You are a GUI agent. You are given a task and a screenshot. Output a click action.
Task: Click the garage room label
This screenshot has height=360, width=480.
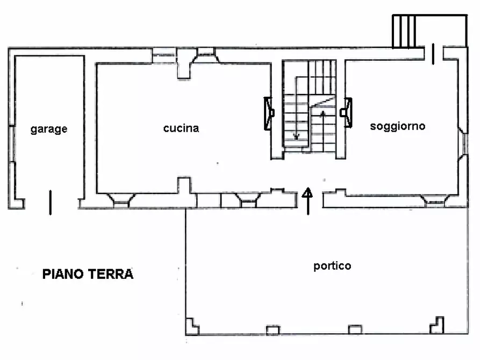[x=49, y=129]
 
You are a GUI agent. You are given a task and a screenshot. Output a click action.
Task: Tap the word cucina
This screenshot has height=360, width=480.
[x=181, y=128]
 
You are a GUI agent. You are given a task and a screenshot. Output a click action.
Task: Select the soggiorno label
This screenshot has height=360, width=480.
[x=398, y=126]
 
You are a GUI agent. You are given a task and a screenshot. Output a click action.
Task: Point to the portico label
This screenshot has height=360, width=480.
[x=332, y=266]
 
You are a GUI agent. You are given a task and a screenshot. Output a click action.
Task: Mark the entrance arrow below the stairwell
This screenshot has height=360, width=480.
[x=309, y=201]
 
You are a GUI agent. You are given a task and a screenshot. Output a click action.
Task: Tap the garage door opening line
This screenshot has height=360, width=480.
[x=51, y=202]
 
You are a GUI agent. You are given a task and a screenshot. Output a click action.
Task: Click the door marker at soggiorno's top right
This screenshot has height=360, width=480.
[x=434, y=55]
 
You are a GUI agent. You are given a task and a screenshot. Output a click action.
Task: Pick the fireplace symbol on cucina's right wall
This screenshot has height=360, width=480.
[x=269, y=113]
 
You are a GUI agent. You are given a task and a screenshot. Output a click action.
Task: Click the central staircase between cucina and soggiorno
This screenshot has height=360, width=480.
[x=310, y=107]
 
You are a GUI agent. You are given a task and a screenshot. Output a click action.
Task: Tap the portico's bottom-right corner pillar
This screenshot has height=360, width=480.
[x=437, y=325]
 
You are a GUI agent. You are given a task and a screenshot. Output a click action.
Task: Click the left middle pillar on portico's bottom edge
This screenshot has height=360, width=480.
[x=273, y=329]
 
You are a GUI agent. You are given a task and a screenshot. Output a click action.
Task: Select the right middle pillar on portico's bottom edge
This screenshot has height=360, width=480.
[x=355, y=329]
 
